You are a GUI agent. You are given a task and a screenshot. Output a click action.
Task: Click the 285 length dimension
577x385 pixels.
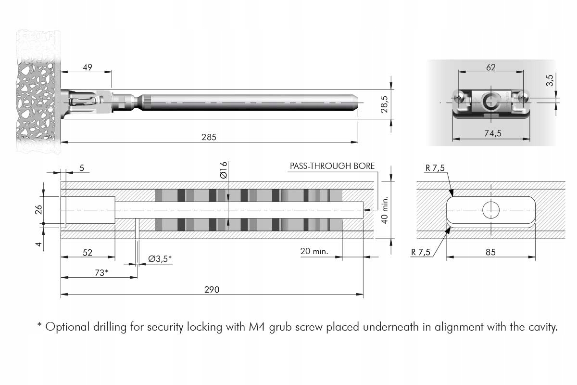pyautogui.click(x=209, y=137)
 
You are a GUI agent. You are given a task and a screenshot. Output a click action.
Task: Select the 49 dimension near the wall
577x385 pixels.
pyautogui.click(x=87, y=67)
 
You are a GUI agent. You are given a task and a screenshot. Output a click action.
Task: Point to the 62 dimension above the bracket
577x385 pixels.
pyautogui.click(x=490, y=67)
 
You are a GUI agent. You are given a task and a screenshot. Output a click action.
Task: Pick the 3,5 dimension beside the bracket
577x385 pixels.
pyautogui.click(x=551, y=80)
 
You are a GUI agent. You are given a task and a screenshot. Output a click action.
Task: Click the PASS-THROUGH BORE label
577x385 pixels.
pyautogui.click(x=332, y=166)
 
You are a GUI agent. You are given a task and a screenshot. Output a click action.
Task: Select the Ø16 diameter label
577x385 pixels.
pyautogui.click(x=224, y=170)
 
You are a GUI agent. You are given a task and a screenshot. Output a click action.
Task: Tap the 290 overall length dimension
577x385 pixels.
pyautogui.click(x=212, y=289)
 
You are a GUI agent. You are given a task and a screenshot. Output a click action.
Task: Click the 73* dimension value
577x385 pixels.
pyautogui.click(x=101, y=272)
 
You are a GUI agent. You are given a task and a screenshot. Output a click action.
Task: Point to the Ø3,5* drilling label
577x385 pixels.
pyautogui.click(x=160, y=258)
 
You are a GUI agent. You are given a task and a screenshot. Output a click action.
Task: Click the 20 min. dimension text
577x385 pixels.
pyautogui.click(x=314, y=251)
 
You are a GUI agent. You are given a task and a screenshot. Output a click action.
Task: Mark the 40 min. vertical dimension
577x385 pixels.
pyautogui.click(x=384, y=210)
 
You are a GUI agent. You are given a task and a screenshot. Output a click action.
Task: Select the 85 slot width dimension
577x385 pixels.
pyautogui.click(x=490, y=252)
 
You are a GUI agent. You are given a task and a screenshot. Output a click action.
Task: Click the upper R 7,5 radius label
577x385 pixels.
pyautogui.click(x=435, y=168)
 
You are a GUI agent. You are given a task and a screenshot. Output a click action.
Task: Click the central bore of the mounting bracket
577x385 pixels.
pyautogui.click(x=490, y=101)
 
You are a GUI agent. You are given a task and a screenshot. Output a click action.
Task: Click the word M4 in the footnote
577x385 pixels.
pyautogui.click(x=256, y=327)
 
